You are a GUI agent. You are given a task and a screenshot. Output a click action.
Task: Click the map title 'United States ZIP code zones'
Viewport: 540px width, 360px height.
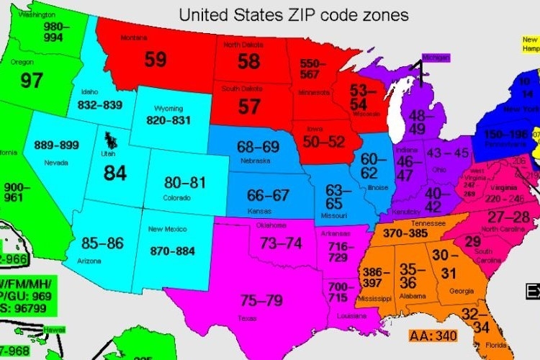[x=293, y=14]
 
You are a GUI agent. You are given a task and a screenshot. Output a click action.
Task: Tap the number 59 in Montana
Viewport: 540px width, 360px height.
[x=155, y=59]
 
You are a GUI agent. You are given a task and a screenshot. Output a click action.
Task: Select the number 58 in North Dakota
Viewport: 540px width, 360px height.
[x=248, y=61]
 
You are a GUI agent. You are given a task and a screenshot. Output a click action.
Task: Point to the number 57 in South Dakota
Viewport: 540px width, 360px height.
[x=248, y=107]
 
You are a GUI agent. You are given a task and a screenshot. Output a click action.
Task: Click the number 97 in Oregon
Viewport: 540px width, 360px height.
[x=32, y=80]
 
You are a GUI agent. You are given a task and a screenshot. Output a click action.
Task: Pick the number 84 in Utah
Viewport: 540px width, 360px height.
[x=114, y=173]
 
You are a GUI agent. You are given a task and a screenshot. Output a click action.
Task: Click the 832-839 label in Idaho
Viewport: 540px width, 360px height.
[x=99, y=105]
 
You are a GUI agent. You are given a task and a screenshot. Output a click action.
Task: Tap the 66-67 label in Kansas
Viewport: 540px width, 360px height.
[x=267, y=195]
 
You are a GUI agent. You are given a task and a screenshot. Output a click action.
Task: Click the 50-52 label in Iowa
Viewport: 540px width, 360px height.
[x=324, y=142]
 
